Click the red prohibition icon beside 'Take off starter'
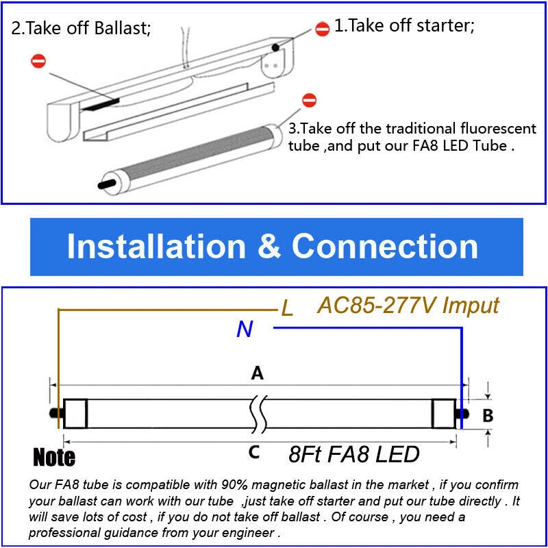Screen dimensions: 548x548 point(322,29)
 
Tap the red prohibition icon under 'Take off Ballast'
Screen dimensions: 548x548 point(38,61)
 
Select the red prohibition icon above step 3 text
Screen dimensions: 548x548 point(309,100)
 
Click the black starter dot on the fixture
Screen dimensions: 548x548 point(275,47)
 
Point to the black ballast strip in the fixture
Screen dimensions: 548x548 point(101,105)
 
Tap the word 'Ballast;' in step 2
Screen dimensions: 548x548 point(123,28)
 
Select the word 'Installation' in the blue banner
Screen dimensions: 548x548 point(156,247)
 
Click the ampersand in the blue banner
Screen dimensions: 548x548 point(269,247)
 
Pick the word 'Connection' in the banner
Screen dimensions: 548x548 point(385,247)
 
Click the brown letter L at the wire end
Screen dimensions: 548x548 point(287,309)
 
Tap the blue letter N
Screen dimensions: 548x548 point(245,329)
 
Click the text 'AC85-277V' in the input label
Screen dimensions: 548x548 point(376,306)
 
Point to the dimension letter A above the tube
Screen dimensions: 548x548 point(258,373)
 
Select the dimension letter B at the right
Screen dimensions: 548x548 point(488,416)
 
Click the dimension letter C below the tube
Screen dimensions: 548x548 point(253,452)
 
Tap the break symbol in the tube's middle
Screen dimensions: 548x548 point(259,414)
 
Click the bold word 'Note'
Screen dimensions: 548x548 point(54,457)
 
